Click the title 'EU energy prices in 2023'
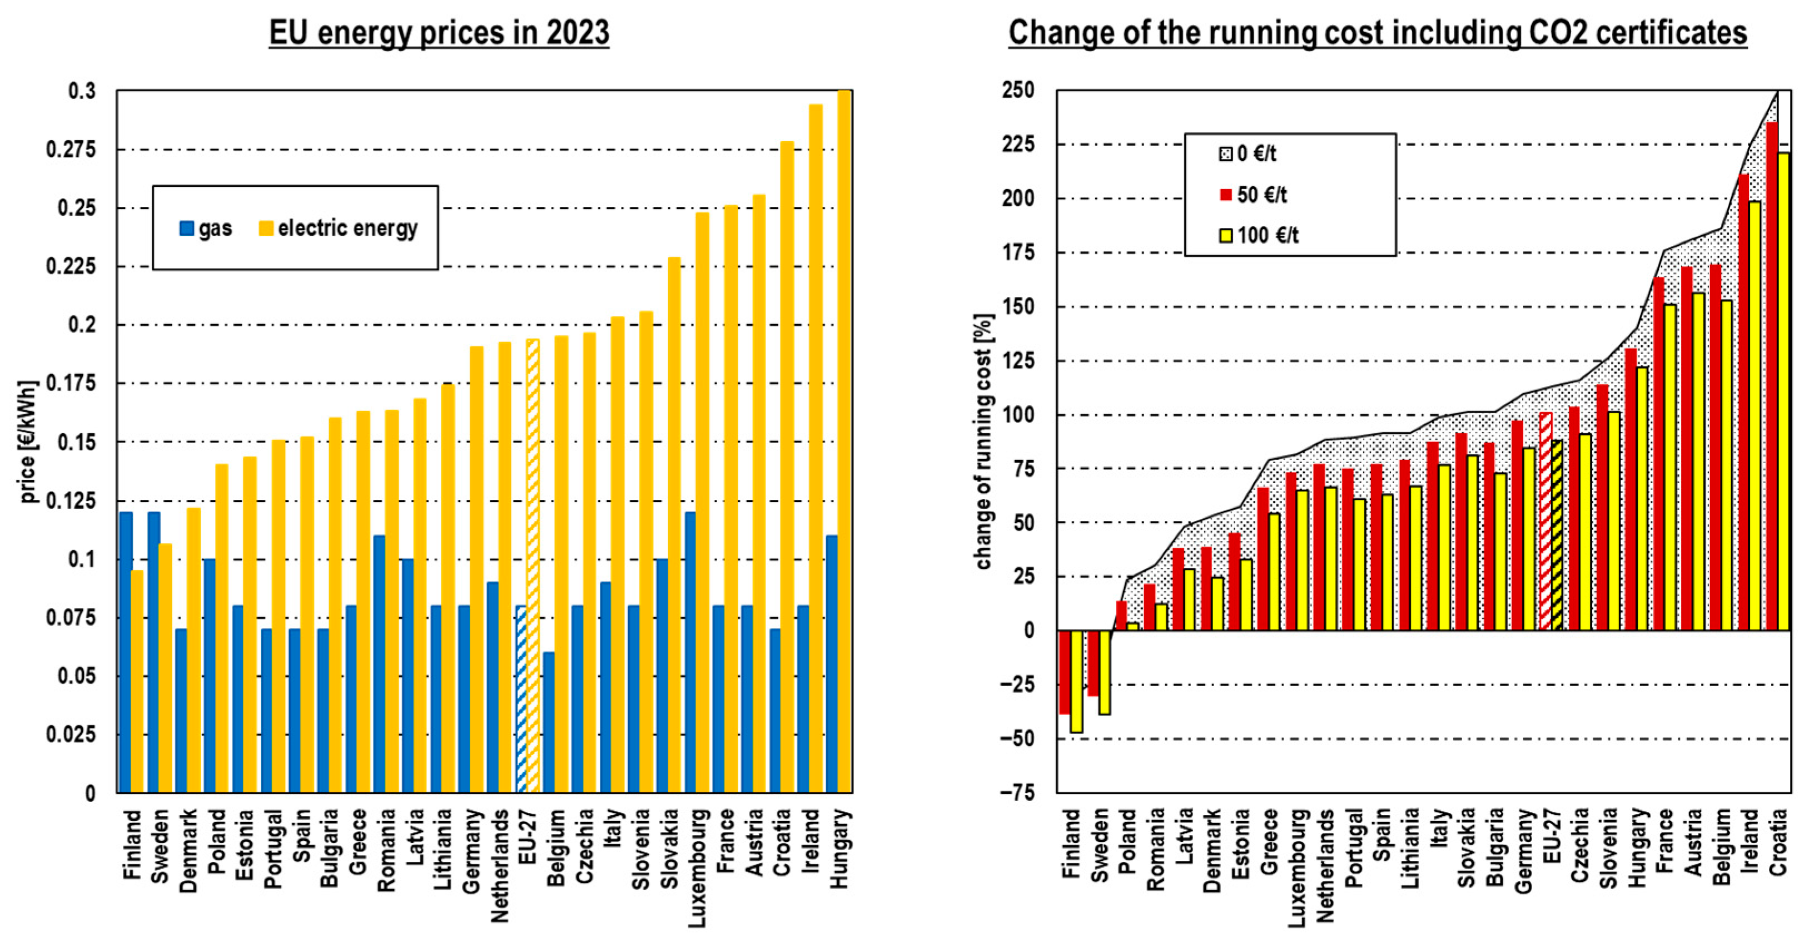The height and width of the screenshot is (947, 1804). click(439, 33)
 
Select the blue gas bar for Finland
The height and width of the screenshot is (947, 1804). click(126, 651)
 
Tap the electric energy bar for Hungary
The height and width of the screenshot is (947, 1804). click(844, 442)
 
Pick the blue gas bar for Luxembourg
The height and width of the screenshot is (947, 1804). click(690, 651)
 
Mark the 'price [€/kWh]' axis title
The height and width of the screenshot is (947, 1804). click(28, 442)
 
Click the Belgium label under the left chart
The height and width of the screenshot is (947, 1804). click(556, 847)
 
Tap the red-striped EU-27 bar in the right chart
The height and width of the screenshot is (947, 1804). click(1545, 521)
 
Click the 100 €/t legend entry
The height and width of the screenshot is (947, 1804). click(1259, 235)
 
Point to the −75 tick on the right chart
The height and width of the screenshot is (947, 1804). click(1017, 793)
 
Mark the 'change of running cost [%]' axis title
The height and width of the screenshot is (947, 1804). click(983, 442)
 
